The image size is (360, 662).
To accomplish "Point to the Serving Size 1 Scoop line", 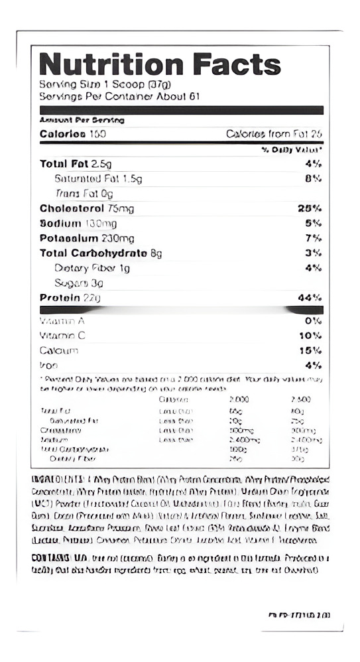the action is pyautogui.click(x=105, y=84).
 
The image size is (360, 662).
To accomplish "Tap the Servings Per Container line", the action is pyautogui.click(x=119, y=96).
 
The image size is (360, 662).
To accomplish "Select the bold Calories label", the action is pyautogui.click(x=63, y=134).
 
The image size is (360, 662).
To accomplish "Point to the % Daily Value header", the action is pyautogui.click(x=292, y=151).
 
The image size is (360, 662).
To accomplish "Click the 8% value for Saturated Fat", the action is pyautogui.click(x=313, y=178).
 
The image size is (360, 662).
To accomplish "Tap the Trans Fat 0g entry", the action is pyautogui.click(x=84, y=194).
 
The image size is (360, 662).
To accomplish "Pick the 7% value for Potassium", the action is pyautogui.click(x=314, y=238).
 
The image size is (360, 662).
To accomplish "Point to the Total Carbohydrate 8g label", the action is pyautogui.click(x=101, y=253).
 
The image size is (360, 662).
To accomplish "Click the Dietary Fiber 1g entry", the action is pyautogui.click(x=91, y=268).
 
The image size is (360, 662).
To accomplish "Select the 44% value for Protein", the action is pyautogui.click(x=310, y=298).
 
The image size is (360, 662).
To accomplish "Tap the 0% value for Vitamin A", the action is pyautogui.click(x=314, y=320).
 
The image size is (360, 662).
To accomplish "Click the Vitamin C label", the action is pyautogui.click(x=62, y=336).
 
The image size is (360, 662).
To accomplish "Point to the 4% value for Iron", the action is pyautogui.click(x=314, y=365).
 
